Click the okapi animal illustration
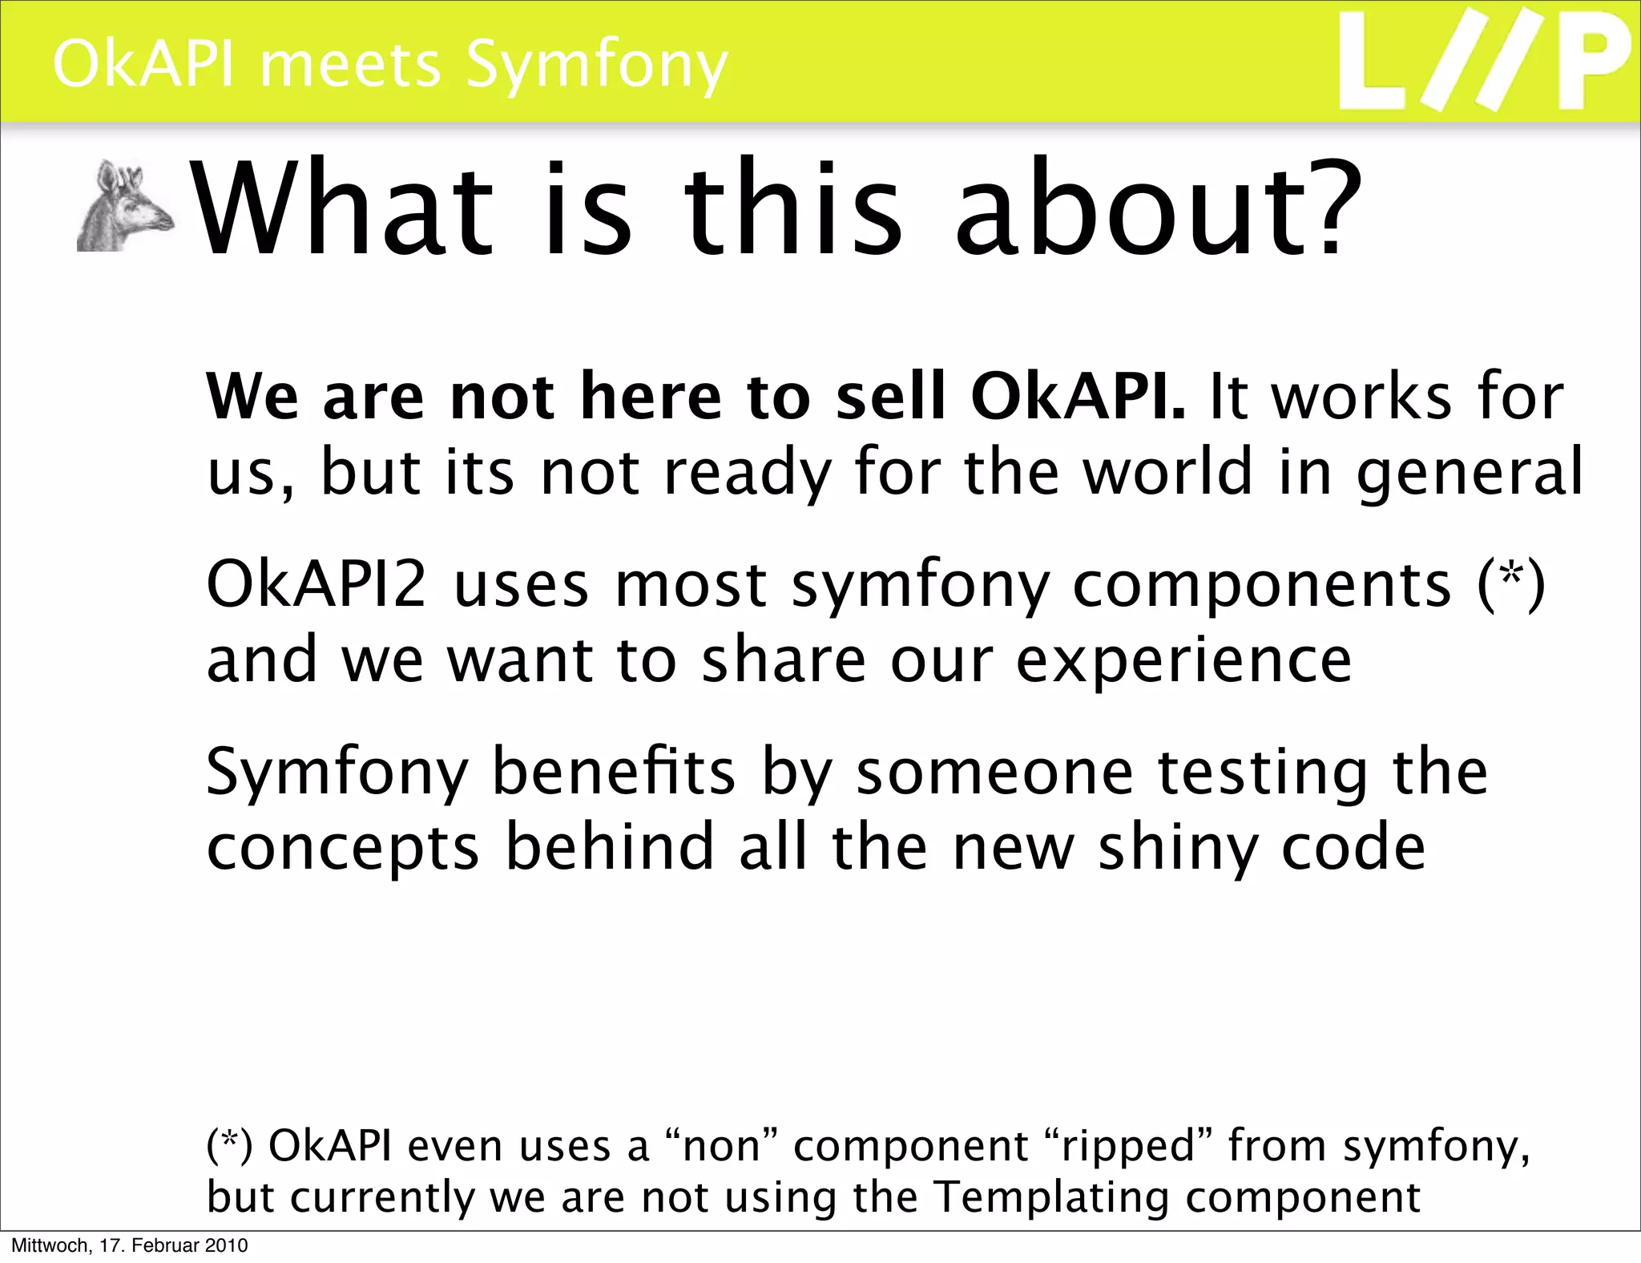125,207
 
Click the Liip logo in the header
1484,63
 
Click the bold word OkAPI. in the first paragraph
1077,397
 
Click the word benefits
613,771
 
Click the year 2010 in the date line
227,1245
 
